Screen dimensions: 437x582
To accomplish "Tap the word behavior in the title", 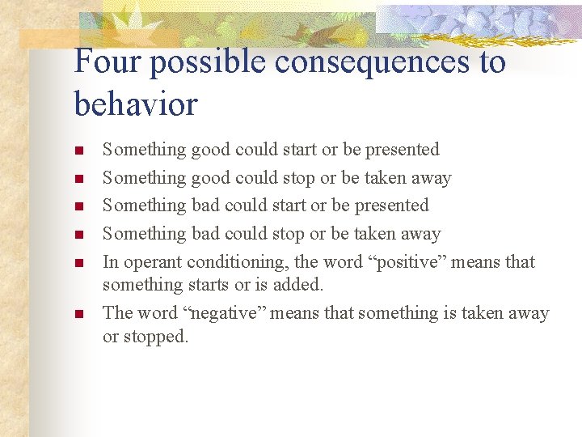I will pos(135,104).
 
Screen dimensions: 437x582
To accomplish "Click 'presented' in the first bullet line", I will pos(402,150).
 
